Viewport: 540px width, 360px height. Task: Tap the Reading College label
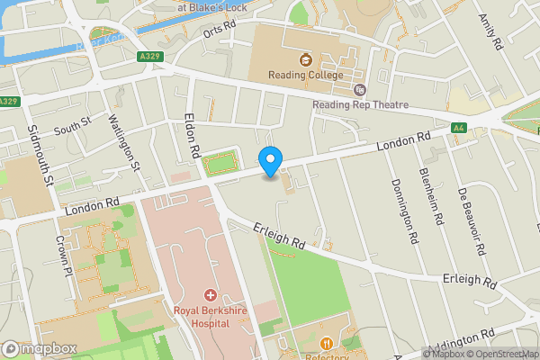(x=305, y=75)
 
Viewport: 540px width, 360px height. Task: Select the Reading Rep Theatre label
(x=360, y=104)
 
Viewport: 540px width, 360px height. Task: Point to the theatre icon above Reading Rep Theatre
(x=360, y=90)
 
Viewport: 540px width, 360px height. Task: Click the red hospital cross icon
(x=210, y=295)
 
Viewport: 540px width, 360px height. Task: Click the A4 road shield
(x=459, y=129)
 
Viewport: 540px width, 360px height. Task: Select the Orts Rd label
(x=219, y=29)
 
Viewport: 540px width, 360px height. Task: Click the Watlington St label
(x=124, y=142)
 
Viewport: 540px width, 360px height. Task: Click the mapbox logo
(x=40, y=348)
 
